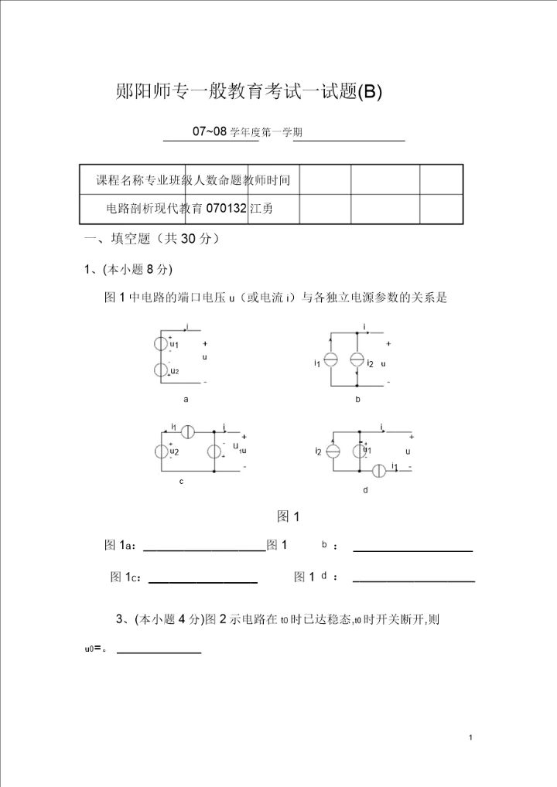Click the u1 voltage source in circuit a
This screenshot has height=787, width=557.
pyautogui.click(x=162, y=344)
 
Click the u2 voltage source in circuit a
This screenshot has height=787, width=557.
pyautogui.click(x=162, y=370)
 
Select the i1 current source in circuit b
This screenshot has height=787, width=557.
pyautogui.click(x=330, y=360)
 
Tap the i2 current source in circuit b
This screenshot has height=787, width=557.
pyautogui.click(x=357, y=360)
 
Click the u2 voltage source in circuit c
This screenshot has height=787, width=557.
pyautogui.click(x=162, y=451)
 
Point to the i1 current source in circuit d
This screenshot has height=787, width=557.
pyautogui.click(x=380, y=470)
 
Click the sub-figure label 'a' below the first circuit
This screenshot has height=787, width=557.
pyautogui.click(x=186, y=400)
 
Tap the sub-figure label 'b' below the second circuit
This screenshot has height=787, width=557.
pyautogui.click(x=357, y=400)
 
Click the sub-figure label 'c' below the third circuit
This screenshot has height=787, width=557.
pyautogui.click(x=181, y=482)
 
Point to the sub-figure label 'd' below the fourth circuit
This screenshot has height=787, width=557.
pyautogui.click(x=365, y=489)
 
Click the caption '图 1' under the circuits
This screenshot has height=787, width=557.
pyautogui.click(x=288, y=516)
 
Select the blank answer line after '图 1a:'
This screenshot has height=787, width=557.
pyautogui.click(x=205, y=550)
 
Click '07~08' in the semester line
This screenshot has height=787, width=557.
pyautogui.click(x=210, y=131)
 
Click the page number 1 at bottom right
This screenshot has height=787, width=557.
pyautogui.click(x=471, y=739)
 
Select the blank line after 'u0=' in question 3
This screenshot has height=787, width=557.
pyautogui.click(x=159, y=653)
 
